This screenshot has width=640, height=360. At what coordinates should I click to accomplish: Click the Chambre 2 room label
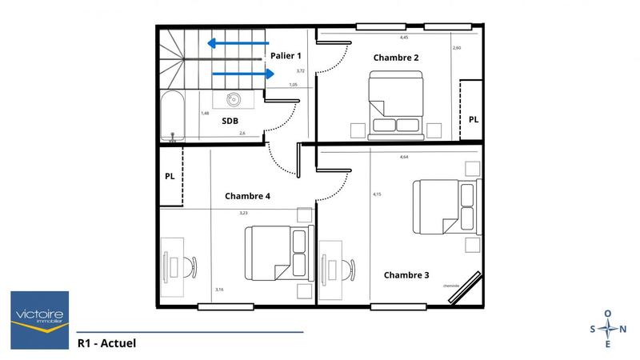[x=396, y=58]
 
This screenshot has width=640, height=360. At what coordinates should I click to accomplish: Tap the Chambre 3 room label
[x=406, y=275]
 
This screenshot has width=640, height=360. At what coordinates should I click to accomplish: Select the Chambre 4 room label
[x=247, y=195]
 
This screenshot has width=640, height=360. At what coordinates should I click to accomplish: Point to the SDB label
[x=230, y=121]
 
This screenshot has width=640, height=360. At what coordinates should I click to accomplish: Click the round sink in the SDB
[x=234, y=100]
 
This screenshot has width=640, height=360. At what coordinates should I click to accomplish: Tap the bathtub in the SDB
[x=170, y=117]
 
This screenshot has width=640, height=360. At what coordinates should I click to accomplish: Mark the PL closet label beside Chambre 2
[x=474, y=119]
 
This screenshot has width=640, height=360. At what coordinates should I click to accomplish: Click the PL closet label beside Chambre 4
[x=170, y=177]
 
